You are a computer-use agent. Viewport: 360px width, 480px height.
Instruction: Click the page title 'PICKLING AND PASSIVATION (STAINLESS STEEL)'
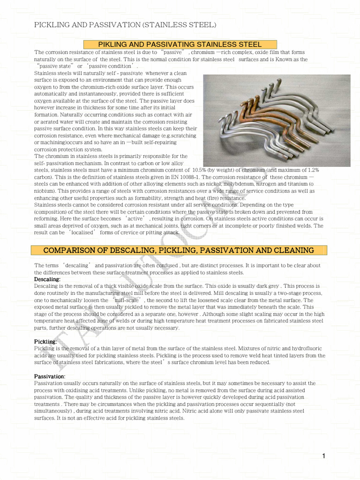tap(125, 24)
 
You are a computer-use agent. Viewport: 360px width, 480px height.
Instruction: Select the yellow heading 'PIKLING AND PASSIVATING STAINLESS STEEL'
tap(180, 44)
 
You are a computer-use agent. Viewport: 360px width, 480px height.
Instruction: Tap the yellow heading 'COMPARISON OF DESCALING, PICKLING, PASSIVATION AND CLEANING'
tap(179, 250)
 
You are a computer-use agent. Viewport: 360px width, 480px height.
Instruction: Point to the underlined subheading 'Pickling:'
tap(45, 342)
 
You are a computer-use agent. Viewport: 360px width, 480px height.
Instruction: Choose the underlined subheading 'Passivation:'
tap(50, 376)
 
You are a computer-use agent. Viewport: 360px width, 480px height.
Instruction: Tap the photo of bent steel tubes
tap(276, 120)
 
